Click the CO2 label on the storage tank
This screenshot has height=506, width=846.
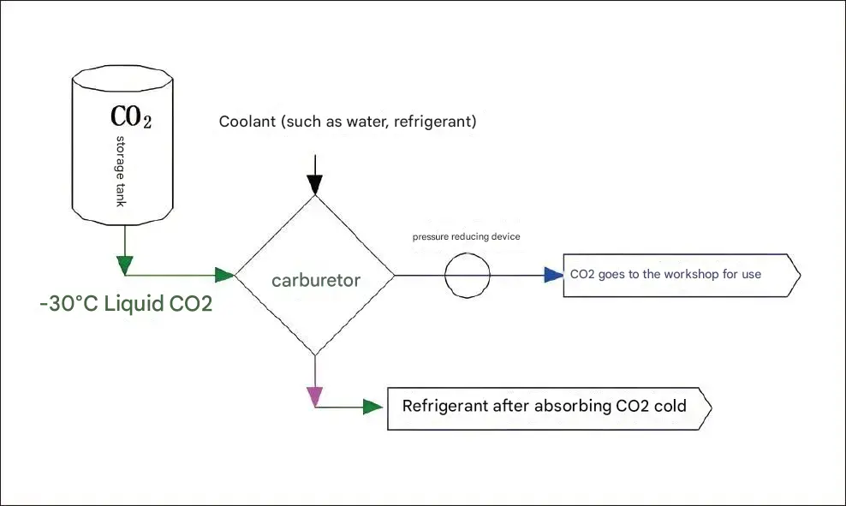pos(131,116)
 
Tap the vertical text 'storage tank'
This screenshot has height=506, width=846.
pos(121,171)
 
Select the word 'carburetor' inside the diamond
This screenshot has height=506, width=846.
pos(316,281)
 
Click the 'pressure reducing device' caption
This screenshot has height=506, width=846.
pos(466,236)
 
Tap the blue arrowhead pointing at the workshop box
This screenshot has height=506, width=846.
pos(553,275)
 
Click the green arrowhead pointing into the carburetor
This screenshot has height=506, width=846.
pos(224,275)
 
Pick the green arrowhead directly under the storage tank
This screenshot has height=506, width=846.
pos(125,265)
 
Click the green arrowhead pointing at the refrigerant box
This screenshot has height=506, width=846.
pos(372,407)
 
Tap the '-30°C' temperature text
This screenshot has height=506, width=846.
pos(69,304)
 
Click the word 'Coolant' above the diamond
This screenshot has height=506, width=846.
pos(247,122)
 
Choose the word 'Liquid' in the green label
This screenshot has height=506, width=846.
pos(134,304)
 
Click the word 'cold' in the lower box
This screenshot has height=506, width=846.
pos(670,406)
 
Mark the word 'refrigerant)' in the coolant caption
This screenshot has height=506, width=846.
pos(435,122)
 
